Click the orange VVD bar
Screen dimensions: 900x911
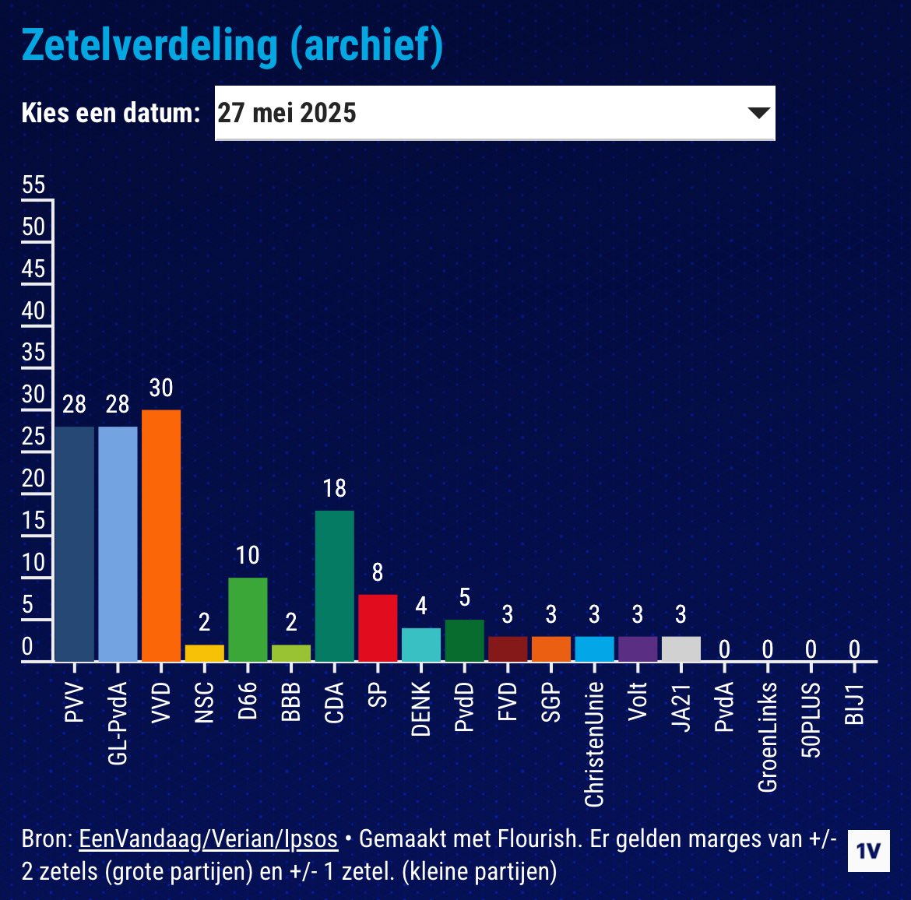pyautogui.click(x=161, y=536)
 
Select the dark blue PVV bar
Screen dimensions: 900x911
pyautogui.click(x=75, y=543)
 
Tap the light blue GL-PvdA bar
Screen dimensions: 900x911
pyautogui.click(x=118, y=543)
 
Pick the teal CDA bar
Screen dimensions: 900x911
pyautogui.click(x=334, y=585)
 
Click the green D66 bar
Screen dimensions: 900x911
pyautogui.click(x=248, y=619)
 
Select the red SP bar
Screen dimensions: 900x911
pyautogui.click(x=378, y=628)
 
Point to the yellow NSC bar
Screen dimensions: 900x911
pyautogui.click(x=204, y=653)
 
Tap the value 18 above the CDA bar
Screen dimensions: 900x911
pyautogui.click(x=334, y=488)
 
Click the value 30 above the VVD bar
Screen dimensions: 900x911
pyautogui.click(x=161, y=388)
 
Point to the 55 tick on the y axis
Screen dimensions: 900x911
pyautogui.click(x=33, y=185)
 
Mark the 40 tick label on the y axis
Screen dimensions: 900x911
pyautogui.click(x=33, y=311)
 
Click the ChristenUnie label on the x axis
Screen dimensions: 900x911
pyautogui.click(x=595, y=744)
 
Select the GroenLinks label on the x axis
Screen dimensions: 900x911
pyautogui.click(x=768, y=737)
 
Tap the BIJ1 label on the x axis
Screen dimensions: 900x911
pyautogui.click(x=855, y=703)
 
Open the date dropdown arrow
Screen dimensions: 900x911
pyautogui.click(x=758, y=113)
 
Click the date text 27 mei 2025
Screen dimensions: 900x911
pyautogui.click(x=287, y=113)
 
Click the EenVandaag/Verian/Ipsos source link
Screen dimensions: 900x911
pyautogui.click(x=209, y=838)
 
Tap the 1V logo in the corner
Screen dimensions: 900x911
pyautogui.click(x=869, y=850)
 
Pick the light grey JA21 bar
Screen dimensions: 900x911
pyautogui.click(x=681, y=649)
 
